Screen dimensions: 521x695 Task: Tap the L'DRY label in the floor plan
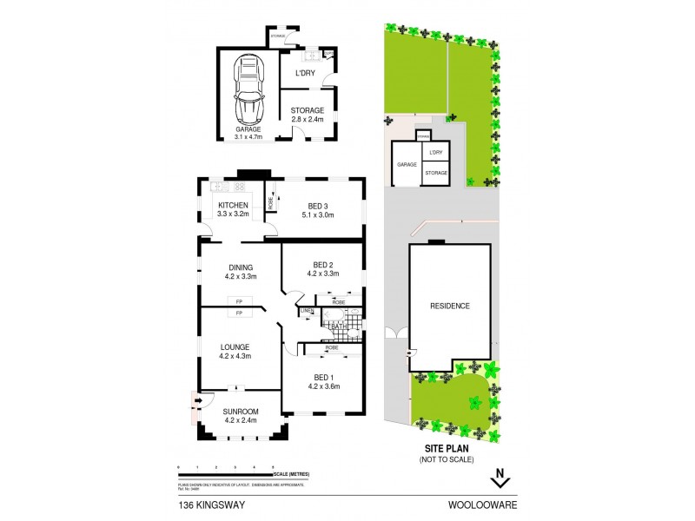pos(305,74)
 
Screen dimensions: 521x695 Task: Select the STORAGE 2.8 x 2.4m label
pos(307,115)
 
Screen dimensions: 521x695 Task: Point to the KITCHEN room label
pos(233,209)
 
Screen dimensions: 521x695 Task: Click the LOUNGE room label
pos(235,351)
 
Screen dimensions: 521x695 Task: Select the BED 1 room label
pos(323,381)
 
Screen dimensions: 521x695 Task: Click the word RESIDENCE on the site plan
pos(450,306)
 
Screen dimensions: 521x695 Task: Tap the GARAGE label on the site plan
pos(407,164)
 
